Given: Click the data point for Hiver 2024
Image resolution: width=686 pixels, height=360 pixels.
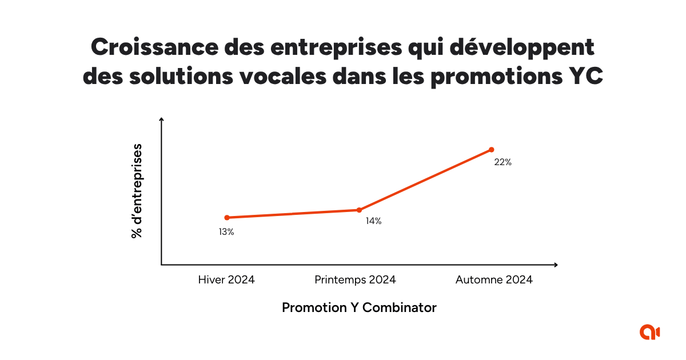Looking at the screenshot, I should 227,217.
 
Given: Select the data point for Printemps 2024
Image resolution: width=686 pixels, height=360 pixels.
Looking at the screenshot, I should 359,210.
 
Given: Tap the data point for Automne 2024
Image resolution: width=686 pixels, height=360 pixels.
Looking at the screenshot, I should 491,150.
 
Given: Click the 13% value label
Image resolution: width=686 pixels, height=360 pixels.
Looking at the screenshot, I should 226,232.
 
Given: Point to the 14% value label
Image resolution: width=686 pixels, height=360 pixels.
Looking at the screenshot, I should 373,221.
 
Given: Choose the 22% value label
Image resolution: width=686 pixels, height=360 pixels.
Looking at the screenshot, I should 503,162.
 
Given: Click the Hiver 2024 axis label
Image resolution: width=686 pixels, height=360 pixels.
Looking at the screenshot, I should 226,280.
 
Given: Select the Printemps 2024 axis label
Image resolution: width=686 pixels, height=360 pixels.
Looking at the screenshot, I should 355,280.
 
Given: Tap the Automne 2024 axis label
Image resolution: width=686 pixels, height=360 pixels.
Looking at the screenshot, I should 494,280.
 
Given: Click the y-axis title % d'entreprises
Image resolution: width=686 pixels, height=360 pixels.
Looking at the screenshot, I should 137,191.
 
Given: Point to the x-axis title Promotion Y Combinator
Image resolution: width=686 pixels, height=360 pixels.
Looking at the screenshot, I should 359,307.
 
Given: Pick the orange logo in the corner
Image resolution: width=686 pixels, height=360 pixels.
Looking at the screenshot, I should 650,331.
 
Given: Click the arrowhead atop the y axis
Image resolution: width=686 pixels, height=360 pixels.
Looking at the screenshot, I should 162,119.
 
